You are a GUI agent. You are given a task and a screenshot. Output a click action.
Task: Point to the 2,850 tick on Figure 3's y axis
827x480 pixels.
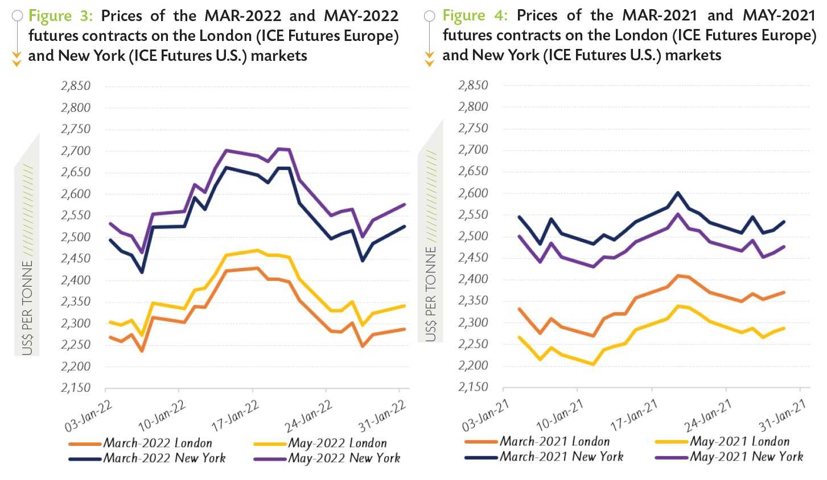tap(76, 86)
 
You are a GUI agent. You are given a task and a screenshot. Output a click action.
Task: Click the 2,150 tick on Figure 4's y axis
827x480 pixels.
tap(473, 387)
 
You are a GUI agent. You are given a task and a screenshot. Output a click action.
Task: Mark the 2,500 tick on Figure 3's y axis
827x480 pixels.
tap(76, 237)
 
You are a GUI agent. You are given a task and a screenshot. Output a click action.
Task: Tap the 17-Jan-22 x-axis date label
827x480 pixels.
tap(235, 416)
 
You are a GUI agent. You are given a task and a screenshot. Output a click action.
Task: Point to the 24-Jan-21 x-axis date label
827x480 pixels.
tap(708, 416)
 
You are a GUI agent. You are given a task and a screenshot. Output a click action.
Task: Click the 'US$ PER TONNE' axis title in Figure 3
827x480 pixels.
tap(27, 307)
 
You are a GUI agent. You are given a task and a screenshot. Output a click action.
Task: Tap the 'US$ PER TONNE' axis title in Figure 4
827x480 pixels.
tap(431, 293)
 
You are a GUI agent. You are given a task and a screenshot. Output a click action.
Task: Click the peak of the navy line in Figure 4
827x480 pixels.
tap(677, 193)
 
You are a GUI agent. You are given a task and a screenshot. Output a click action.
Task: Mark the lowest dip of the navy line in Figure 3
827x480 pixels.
tap(142, 272)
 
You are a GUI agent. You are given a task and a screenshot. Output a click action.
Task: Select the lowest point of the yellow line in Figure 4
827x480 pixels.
tap(593, 364)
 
